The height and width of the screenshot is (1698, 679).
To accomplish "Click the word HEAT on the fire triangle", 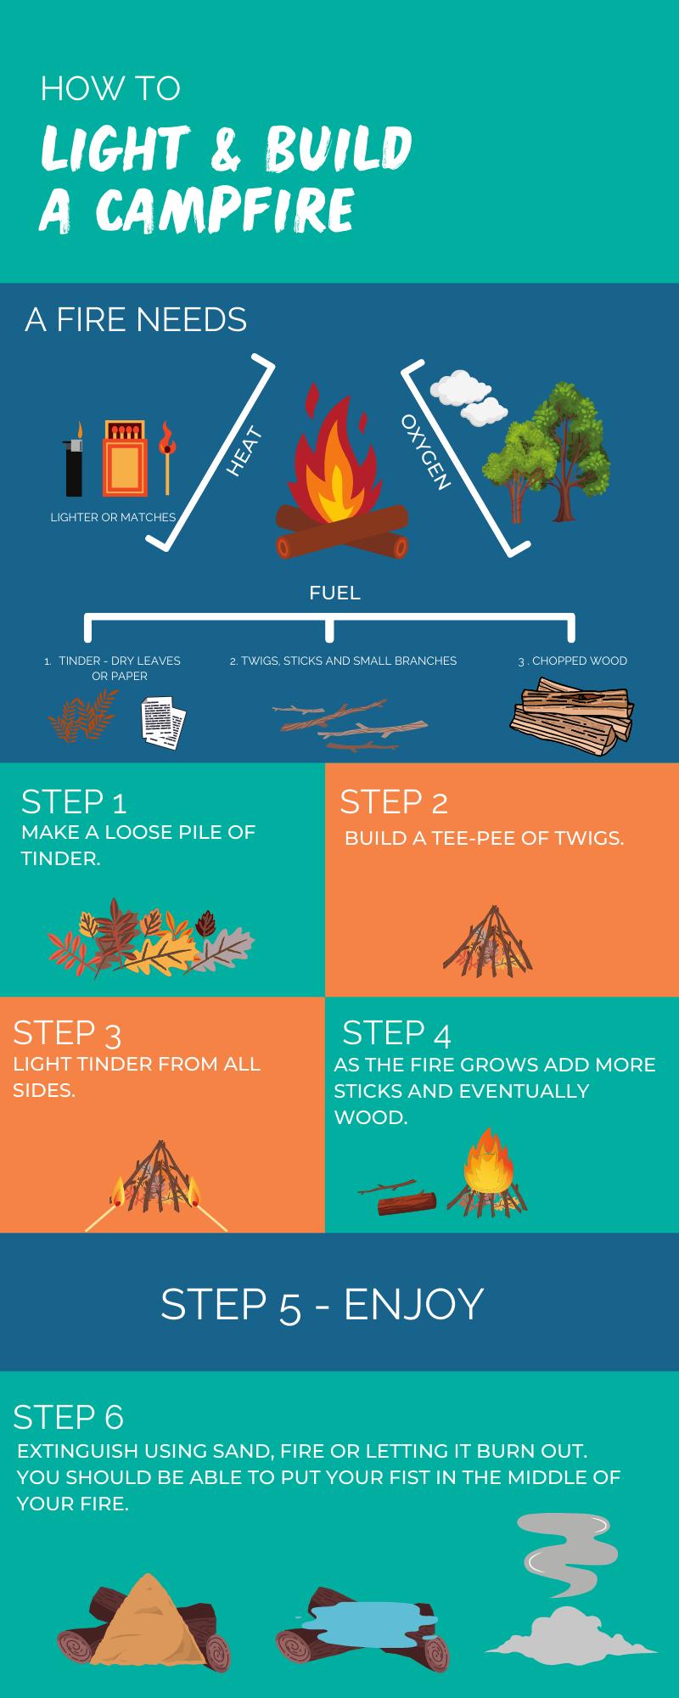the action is point(244,453).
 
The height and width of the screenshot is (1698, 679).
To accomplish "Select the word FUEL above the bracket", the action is point(334,593).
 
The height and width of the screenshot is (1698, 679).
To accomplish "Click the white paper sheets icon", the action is point(163,722).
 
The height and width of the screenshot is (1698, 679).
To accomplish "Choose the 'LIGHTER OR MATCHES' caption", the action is point(113,517).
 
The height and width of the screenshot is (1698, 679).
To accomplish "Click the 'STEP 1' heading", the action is point(74,801).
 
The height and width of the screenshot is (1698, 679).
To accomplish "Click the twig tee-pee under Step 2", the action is point(488,939).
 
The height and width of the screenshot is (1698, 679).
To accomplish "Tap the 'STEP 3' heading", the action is point(67,1032).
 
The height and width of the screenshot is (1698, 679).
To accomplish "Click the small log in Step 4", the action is point(407,1203).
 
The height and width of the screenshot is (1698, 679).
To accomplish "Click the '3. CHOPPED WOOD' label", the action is point(573,661).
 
